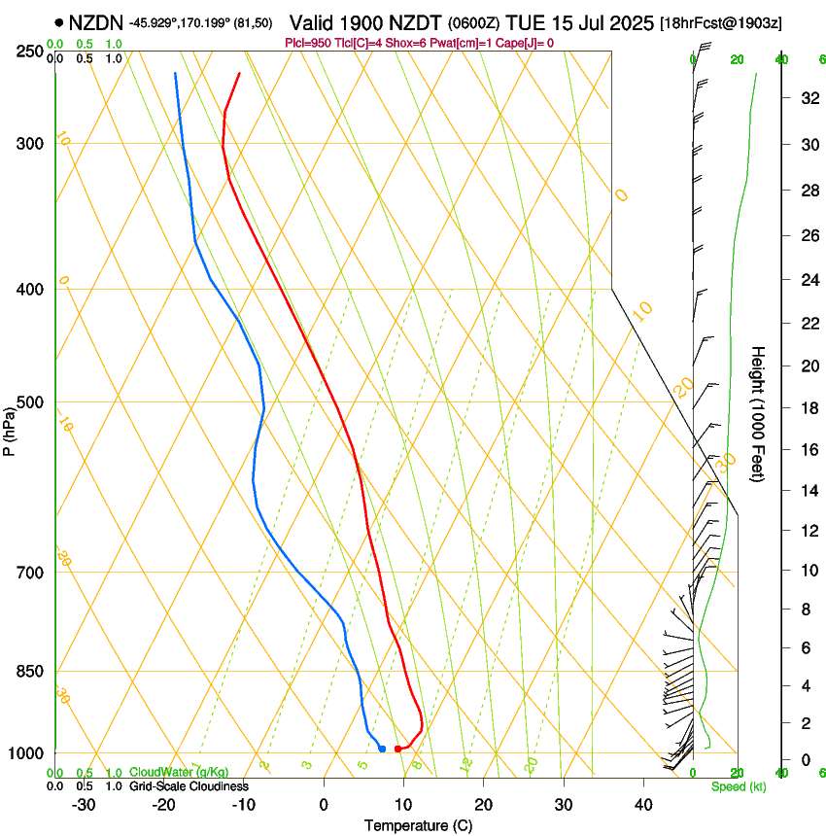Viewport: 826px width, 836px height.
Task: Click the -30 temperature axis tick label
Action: (x=84, y=805)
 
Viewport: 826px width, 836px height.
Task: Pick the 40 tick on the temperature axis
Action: (x=642, y=805)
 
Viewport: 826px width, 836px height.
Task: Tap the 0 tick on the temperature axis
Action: (x=324, y=805)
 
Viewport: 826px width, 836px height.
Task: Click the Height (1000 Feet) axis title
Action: (x=758, y=413)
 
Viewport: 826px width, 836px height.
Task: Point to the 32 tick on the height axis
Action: (x=808, y=98)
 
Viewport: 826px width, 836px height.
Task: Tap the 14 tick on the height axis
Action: (x=808, y=491)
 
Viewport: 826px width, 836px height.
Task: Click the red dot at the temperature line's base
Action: (x=397, y=749)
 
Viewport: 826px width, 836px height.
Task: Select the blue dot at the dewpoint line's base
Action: (x=382, y=749)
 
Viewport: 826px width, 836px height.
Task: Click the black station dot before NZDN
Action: (x=60, y=21)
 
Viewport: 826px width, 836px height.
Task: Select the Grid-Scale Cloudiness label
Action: (x=189, y=785)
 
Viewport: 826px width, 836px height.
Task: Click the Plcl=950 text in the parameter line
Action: (x=306, y=43)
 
